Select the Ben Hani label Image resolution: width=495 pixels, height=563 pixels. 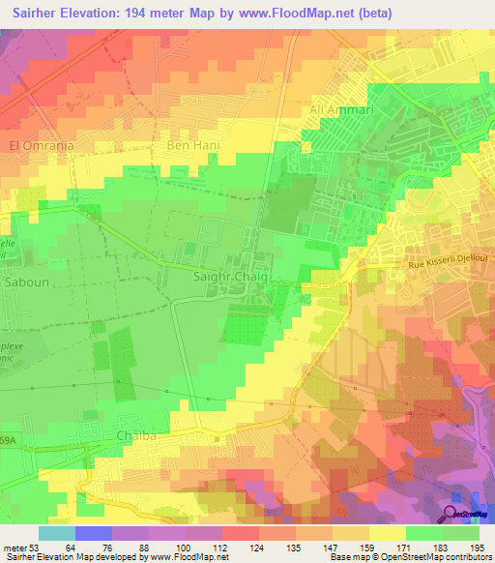coord(194,145)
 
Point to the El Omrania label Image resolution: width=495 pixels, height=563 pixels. coord(42,145)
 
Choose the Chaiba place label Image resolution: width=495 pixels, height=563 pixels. coord(136,436)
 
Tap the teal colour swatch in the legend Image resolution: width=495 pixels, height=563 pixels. coord(57,533)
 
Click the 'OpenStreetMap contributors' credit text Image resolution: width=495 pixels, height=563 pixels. coord(435,557)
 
